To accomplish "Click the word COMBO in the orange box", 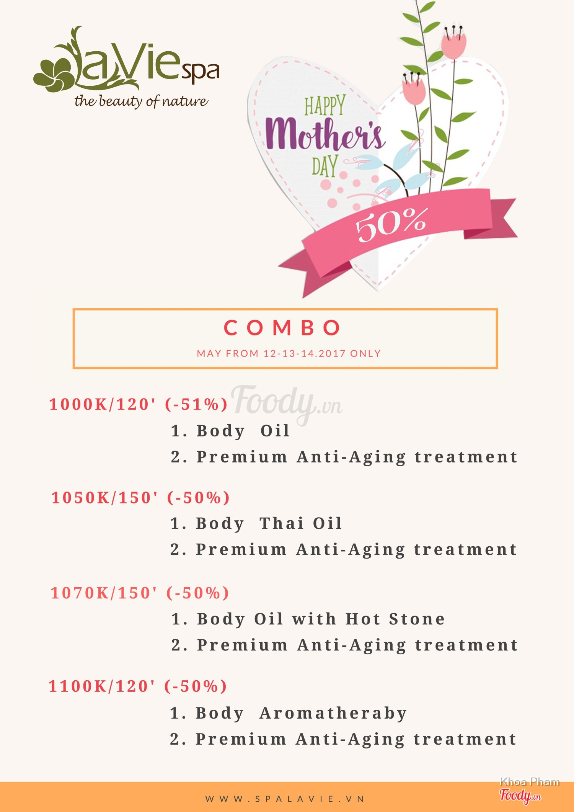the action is [282, 328].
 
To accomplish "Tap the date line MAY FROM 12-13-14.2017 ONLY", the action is [289, 353].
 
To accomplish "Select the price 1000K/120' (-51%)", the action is [139, 404].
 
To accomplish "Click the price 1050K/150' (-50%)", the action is [140, 498].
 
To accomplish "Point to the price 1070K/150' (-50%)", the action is [140, 593].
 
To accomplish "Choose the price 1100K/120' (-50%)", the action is [138, 686].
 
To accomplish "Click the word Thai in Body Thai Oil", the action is [282, 523].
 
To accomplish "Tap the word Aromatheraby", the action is [333, 714].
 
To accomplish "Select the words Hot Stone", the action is [395, 619].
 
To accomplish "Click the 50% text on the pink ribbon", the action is [391, 225].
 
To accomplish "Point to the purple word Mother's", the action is [325, 134].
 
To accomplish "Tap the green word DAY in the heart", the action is [325, 166].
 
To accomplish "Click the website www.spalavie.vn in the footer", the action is [285, 799].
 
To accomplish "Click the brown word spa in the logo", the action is [200, 71].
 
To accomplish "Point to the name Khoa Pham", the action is [530, 782].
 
